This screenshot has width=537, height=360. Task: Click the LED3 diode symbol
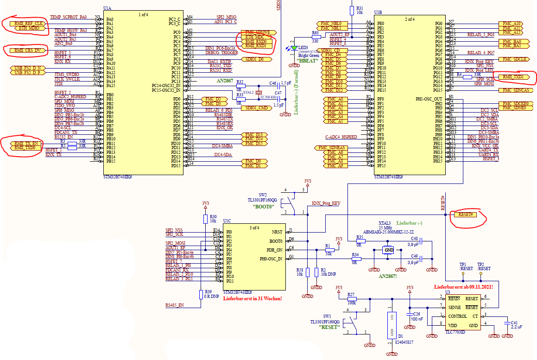pyautogui.click(x=292, y=48)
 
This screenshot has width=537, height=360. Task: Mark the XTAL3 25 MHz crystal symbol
pyautogui.click(x=388, y=250)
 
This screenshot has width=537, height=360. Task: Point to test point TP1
pyautogui.click(x=464, y=273)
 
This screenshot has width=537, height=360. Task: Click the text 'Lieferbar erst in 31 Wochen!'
pyautogui.click(x=253, y=298)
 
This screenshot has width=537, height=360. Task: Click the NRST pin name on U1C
pyautogui.click(x=277, y=232)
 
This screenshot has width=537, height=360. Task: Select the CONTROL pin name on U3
pyautogui.click(x=458, y=316)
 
